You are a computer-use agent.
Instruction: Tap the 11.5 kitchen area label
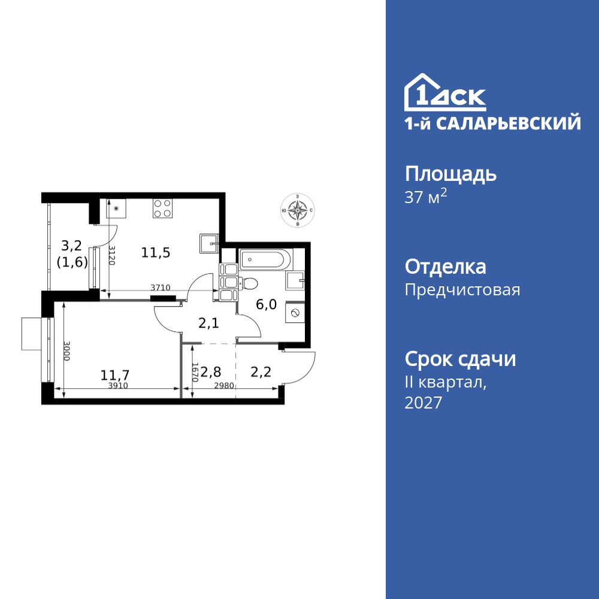(x=156, y=252)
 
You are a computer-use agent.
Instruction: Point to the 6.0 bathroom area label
(x=266, y=304)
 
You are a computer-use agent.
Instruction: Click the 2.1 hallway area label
(x=209, y=323)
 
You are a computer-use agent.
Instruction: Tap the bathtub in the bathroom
(x=266, y=260)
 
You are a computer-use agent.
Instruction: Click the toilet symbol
(x=249, y=283)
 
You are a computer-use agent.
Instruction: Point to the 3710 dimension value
(x=161, y=288)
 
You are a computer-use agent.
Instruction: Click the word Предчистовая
(x=462, y=290)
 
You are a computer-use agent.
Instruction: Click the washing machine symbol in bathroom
(x=295, y=312)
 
